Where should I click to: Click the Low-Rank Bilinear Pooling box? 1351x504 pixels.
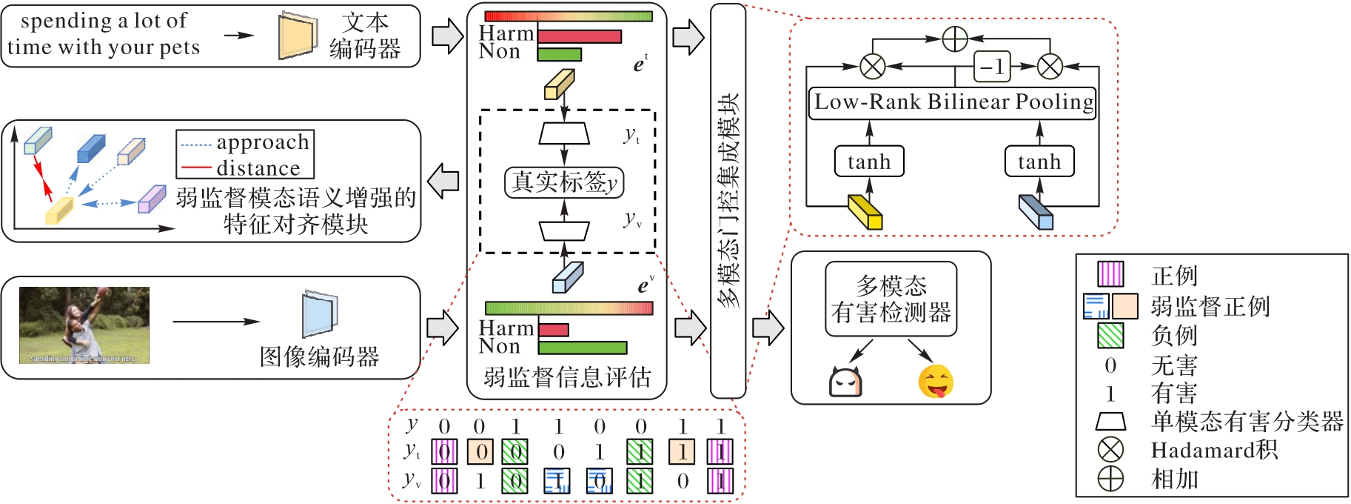pos(953,102)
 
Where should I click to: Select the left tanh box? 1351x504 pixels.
pos(869,162)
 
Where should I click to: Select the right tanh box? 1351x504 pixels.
pos(1039,162)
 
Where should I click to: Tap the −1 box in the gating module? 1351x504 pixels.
pos(992,67)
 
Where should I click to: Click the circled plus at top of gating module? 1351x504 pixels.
pos(955,39)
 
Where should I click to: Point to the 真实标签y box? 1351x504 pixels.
pos(564,182)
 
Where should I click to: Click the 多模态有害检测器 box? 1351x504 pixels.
pos(891,299)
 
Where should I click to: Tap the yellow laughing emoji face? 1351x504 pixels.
pos(936,382)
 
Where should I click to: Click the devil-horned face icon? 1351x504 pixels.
pos(845,382)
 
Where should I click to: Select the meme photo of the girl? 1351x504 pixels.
pos(84,325)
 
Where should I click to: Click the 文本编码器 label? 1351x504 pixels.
pos(365,36)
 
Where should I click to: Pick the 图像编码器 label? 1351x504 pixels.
pos(320,357)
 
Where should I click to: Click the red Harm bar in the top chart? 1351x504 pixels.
pos(580,36)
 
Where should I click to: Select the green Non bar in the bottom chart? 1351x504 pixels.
pos(583,348)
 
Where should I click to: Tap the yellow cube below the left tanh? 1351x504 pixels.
pos(865,213)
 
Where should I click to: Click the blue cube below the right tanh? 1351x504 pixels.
pos(1036,213)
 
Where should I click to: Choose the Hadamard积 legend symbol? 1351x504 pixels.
pos(1110,450)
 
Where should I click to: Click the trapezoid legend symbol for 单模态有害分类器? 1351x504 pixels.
pos(1110,422)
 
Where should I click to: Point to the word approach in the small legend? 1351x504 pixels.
pos(263,142)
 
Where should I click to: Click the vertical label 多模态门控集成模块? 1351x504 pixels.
pos(728,200)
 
